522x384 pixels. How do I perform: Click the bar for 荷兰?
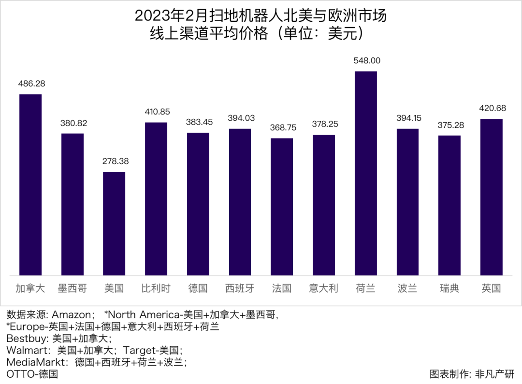pos(366,173)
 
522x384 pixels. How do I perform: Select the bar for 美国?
pos(114,224)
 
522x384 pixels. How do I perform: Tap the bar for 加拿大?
pos(30,185)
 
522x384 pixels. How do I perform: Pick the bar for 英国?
pos(491,197)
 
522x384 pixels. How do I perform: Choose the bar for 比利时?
pos(156,199)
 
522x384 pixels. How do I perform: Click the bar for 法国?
pos(282,207)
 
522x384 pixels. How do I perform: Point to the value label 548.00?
pos(366,61)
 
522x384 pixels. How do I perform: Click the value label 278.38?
pos(114,161)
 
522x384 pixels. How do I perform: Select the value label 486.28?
pos(30,84)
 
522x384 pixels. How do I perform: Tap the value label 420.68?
pos(491,108)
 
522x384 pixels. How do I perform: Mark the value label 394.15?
pos(407,118)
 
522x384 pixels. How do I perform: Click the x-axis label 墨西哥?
pos(72,289)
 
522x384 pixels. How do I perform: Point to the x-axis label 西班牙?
pos(240,289)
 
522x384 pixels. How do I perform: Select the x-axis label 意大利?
pos(323,289)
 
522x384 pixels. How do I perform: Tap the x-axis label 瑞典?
pos(449,289)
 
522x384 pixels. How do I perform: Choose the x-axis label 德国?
pos(198,289)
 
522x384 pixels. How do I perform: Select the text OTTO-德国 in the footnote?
pos(32,374)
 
